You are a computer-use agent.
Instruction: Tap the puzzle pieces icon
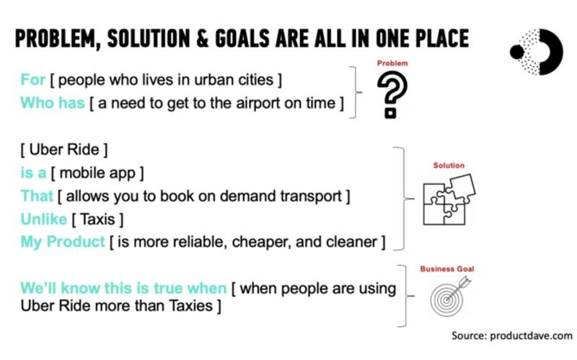[x=449, y=199]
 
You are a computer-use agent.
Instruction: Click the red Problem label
[x=392, y=63]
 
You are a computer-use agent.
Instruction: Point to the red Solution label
[x=449, y=165]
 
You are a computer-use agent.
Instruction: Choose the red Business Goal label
[x=447, y=268]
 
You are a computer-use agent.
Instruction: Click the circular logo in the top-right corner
[x=537, y=52]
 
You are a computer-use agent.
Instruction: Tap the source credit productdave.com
[x=512, y=335]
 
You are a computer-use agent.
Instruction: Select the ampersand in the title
[x=203, y=39]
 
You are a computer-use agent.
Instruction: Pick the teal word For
[x=32, y=79]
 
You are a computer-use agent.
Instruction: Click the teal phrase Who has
[x=53, y=103]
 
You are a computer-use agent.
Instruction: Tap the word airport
[x=257, y=104]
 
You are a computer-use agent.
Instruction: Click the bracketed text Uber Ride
[x=64, y=150]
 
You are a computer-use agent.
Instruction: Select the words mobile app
[x=97, y=173]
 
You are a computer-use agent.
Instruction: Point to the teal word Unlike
[x=44, y=219]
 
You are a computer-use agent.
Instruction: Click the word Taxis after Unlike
[x=97, y=219]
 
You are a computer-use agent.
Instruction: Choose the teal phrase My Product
[x=63, y=242]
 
